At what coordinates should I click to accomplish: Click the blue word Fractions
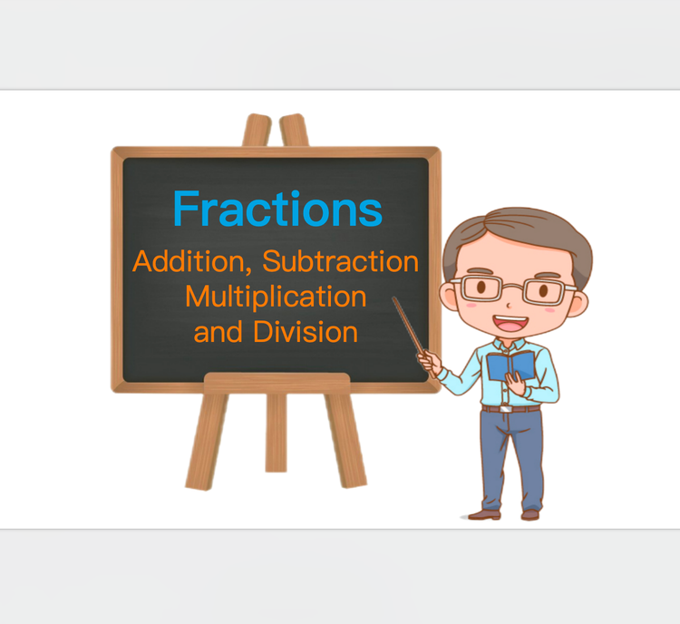click(277, 209)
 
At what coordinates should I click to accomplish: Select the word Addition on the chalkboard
click(192, 262)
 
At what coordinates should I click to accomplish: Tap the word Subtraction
click(341, 262)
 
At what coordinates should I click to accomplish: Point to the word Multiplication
click(276, 297)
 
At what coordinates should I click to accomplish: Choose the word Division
click(306, 332)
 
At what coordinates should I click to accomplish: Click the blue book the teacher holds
click(510, 366)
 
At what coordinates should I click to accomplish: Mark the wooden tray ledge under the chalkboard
click(276, 383)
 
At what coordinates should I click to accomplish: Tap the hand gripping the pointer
click(431, 362)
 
